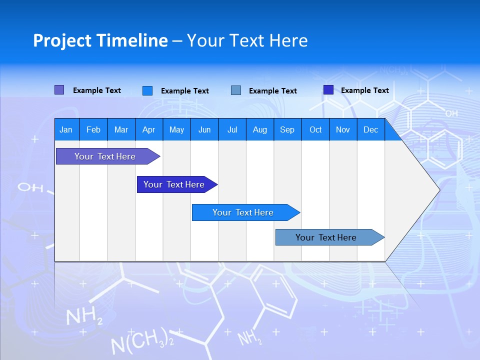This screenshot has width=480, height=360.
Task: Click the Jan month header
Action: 66,129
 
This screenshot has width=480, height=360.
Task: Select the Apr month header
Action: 148,129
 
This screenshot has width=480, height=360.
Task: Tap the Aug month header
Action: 259,129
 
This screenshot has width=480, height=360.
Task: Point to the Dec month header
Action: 370,129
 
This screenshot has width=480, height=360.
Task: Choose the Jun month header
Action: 204,129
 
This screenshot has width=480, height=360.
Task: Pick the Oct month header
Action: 315,129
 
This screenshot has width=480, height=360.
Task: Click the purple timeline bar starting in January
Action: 105,156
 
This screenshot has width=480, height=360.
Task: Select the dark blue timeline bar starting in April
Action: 174,184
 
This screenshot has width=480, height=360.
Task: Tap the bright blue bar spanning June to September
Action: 243,212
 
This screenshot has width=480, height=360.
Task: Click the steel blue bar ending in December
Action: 326,237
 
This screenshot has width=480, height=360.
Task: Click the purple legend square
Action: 59,90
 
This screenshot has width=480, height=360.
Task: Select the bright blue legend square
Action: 147,90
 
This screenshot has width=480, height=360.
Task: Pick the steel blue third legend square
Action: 236,90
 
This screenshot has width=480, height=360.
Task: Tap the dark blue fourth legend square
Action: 328,90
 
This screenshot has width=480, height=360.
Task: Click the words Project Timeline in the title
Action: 100,40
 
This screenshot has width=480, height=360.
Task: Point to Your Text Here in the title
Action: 247,40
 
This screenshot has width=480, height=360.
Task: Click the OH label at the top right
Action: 451,113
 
